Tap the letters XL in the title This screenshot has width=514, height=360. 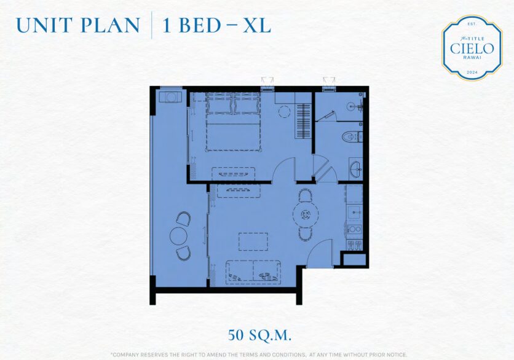tap(256, 26)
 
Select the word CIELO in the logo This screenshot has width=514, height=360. tap(472, 49)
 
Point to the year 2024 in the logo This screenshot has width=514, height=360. tap(472, 72)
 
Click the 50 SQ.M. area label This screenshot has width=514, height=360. tap(259, 335)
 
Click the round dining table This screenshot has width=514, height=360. tap(306, 214)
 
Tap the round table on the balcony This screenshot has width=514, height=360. tap(179, 235)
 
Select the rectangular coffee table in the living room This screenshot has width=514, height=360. tap(253, 241)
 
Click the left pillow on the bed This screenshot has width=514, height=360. tap(219, 104)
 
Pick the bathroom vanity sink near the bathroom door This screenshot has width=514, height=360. tap(355, 169)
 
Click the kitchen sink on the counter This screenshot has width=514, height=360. tap(354, 212)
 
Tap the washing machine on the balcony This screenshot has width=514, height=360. tap(170, 97)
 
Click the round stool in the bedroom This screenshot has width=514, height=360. tap(284, 111)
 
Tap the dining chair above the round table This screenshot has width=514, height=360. tap(306, 195)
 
